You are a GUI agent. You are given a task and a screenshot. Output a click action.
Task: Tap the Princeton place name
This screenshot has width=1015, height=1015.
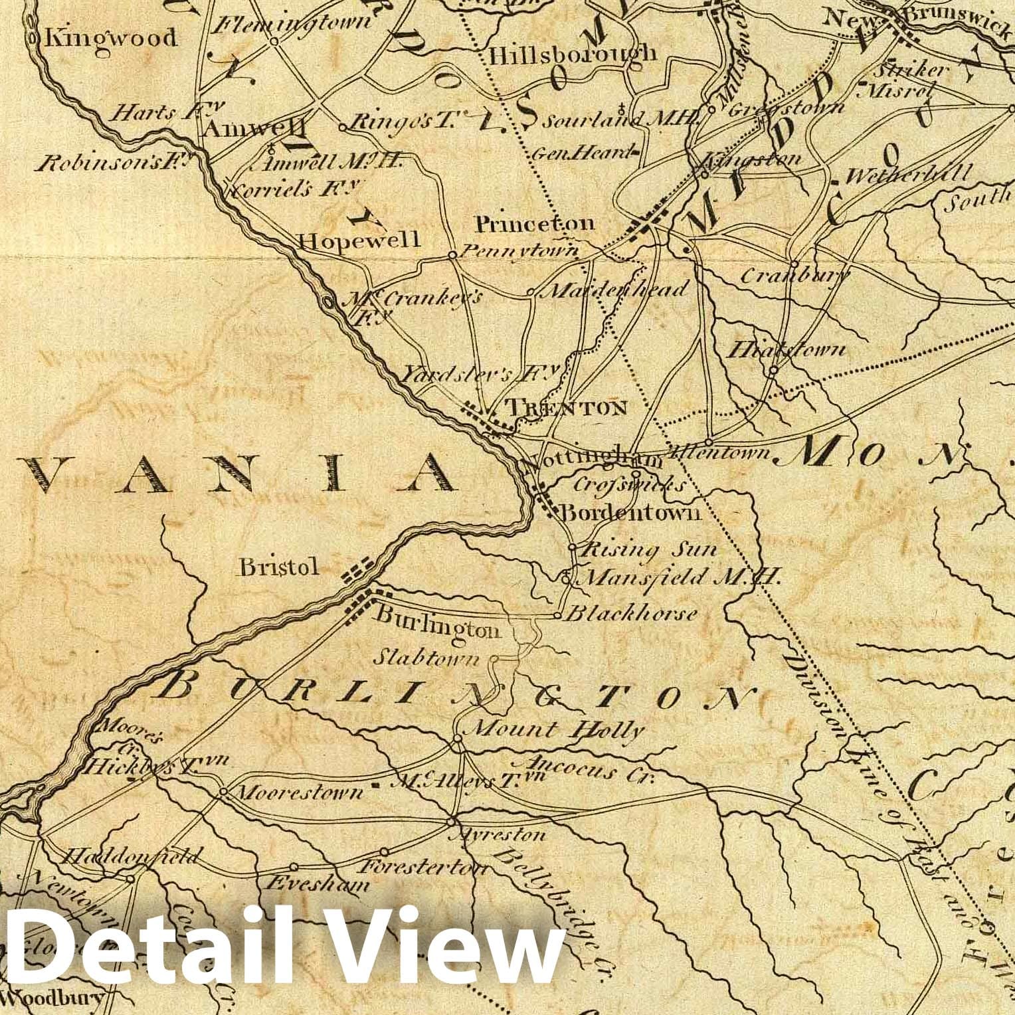[535, 224]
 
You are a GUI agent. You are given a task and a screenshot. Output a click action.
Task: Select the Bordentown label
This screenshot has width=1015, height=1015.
[630, 512]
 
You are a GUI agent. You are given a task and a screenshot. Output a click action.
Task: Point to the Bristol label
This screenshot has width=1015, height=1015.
[279, 567]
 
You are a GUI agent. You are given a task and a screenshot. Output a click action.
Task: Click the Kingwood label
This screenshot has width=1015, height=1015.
[110, 38]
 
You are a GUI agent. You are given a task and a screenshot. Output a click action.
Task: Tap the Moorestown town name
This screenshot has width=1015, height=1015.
[300, 792]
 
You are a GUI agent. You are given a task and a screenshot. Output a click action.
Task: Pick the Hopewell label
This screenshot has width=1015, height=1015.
[359, 240]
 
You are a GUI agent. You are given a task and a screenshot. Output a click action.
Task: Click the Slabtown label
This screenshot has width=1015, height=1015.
[425, 658]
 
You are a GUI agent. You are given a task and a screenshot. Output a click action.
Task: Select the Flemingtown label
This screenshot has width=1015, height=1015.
[294, 23]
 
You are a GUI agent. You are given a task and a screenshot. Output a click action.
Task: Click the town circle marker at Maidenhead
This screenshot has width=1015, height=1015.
[530, 291]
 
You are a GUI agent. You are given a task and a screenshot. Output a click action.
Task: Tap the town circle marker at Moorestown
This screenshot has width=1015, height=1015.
[224, 792]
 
